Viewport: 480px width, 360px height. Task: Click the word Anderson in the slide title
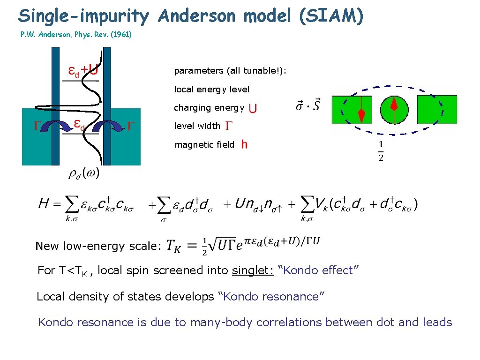(x=196, y=16)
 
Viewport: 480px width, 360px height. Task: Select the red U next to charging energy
(x=253, y=108)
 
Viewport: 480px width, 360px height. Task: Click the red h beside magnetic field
(x=244, y=145)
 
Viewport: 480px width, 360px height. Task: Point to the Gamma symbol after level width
(x=229, y=126)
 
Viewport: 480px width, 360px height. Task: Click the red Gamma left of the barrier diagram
(x=34, y=126)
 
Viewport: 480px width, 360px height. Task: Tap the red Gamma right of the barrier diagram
(x=132, y=125)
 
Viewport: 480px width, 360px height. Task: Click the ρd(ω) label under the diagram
(x=84, y=173)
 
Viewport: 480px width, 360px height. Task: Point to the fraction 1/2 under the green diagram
(x=381, y=151)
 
